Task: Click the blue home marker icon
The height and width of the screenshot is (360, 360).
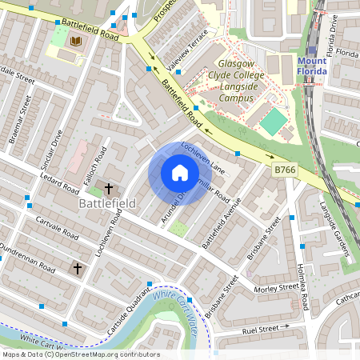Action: coord(180,173)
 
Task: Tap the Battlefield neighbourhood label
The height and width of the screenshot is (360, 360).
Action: coord(107,204)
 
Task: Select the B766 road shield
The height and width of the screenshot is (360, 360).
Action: coord(286,170)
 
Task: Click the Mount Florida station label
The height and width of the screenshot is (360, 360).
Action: coord(312,66)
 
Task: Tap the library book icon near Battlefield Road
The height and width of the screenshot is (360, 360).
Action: coord(77,41)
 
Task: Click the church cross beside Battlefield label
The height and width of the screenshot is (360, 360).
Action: coord(109,189)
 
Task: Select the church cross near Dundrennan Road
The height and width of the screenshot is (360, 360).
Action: coord(78,269)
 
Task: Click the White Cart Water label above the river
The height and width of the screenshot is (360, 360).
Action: coord(174,306)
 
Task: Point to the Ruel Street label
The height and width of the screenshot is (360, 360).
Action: coord(268,327)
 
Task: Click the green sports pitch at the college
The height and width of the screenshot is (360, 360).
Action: coord(274,122)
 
